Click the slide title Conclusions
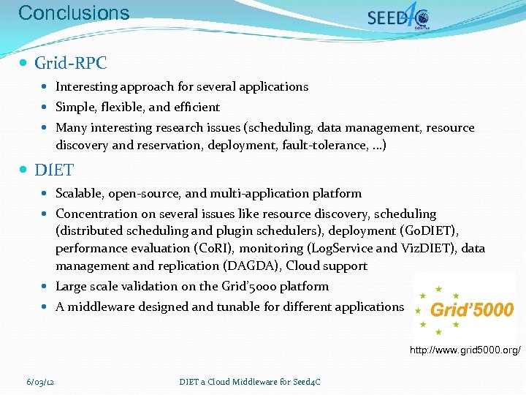click(x=73, y=12)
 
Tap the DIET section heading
click(x=54, y=170)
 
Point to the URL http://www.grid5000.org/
click(x=465, y=351)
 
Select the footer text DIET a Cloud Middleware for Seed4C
click(x=250, y=381)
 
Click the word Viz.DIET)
click(x=427, y=248)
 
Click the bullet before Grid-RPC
click(x=25, y=64)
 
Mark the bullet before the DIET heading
click(x=25, y=170)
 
